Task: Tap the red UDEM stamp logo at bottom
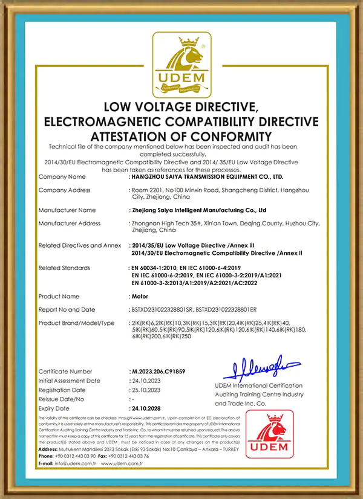click(x=269, y=434)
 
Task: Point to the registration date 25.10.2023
click(x=147, y=390)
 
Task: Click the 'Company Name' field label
click(x=62, y=177)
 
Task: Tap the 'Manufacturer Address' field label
click(x=69, y=224)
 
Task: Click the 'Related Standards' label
click(x=64, y=268)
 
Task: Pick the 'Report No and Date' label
click(x=67, y=310)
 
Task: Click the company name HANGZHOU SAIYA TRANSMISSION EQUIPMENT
click(x=208, y=177)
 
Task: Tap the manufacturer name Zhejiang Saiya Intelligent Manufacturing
click(x=199, y=210)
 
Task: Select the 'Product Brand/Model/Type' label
click(x=76, y=323)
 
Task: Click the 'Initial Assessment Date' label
click(x=69, y=381)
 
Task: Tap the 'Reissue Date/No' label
click(x=62, y=399)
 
